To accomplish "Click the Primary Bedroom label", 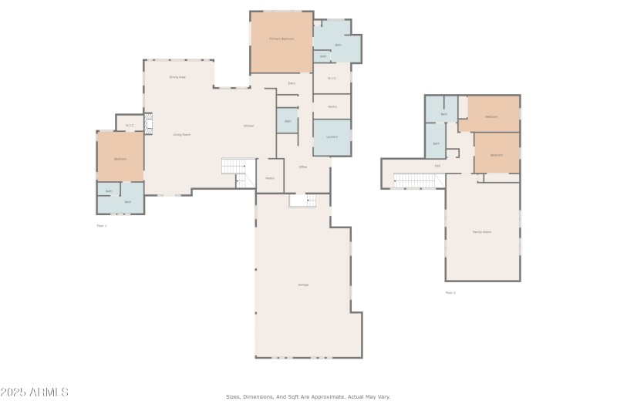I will coord(282,39).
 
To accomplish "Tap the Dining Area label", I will coord(177,77).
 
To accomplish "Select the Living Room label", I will coord(181,134).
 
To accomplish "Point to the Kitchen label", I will coord(249,126).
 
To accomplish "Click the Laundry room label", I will coord(332,136).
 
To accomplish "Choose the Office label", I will coord(303,167).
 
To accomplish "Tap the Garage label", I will coord(304,285).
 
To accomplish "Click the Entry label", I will coord(292,83).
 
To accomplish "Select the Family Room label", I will coord(482,231).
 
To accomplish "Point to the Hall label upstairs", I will coord(437,165).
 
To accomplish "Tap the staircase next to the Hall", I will coord(415,180).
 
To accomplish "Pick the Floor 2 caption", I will coord(450,292).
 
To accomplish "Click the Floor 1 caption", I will coord(102,226).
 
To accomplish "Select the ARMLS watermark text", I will coord(35,392).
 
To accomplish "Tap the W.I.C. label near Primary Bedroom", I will coord(332,78).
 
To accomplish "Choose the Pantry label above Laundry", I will coord(332,106).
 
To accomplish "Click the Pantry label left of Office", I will coord(270,178).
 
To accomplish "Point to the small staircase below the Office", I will coord(302,200).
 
